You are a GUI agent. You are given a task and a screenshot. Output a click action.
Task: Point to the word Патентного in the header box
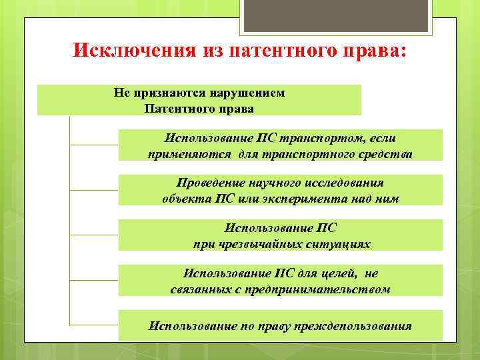(x=175, y=107)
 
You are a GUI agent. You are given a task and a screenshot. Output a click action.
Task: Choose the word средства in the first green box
(x=385, y=154)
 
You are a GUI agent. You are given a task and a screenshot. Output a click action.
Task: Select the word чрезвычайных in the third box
(x=258, y=243)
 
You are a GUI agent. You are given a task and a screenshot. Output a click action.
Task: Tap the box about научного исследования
(x=280, y=190)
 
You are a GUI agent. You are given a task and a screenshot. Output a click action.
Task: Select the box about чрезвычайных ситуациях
(x=280, y=235)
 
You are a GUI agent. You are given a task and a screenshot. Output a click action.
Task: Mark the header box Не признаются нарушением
(x=199, y=100)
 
